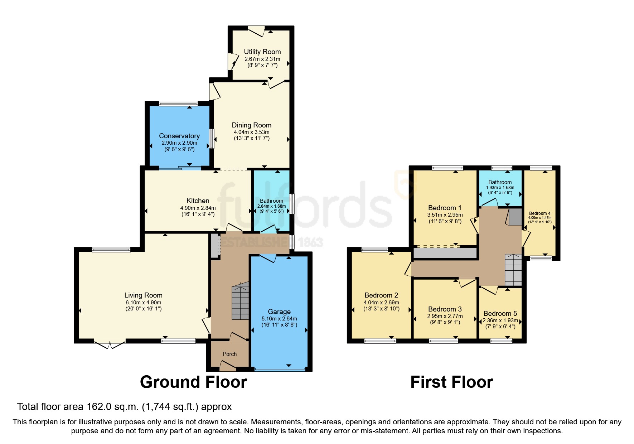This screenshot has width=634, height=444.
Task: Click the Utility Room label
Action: (x=262, y=52)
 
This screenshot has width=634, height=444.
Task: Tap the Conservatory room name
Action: (x=179, y=136)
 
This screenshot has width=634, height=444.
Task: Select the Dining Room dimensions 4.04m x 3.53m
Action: (x=251, y=132)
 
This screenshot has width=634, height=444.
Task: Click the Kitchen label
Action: (x=198, y=201)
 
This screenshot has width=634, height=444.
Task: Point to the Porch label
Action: (x=229, y=354)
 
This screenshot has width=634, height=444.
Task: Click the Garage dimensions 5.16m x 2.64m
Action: (x=279, y=319)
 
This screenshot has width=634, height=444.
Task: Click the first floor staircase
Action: (x=513, y=270)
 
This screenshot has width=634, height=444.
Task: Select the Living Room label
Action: (x=143, y=295)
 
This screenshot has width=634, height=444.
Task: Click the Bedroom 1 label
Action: (x=445, y=208)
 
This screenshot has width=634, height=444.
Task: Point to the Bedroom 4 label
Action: (x=539, y=213)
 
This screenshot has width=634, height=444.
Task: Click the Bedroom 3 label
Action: (x=445, y=309)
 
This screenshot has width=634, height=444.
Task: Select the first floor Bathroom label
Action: (x=500, y=182)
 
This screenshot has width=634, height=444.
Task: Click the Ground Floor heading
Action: (x=193, y=382)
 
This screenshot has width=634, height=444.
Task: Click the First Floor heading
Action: (x=451, y=382)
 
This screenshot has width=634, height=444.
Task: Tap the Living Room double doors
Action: (x=110, y=344)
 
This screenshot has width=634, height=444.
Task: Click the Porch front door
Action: (x=228, y=366)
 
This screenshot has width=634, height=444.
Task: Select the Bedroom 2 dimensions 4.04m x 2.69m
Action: (x=381, y=303)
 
